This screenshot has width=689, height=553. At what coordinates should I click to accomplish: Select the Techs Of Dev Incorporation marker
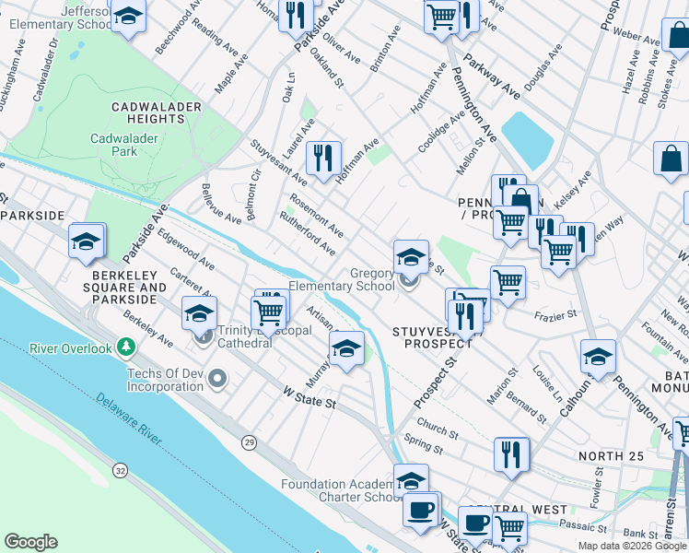pyautogui.click(x=218, y=378)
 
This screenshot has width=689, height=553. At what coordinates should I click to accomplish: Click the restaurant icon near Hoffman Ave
pyautogui.click(x=323, y=158)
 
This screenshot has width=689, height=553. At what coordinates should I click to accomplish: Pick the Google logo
pyautogui.click(x=30, y=542)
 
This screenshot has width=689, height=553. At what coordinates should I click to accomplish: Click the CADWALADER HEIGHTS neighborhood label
pyautogui.click(x=157, y=113)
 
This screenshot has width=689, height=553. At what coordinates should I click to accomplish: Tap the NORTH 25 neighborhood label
pyautogui.click(x=609, y=456)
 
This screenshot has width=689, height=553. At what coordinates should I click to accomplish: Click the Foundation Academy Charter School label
pyautogui.click(x=339, y=490)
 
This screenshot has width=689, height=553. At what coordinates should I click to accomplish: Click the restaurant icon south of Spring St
pyautogui.click(x=511, y=453)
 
